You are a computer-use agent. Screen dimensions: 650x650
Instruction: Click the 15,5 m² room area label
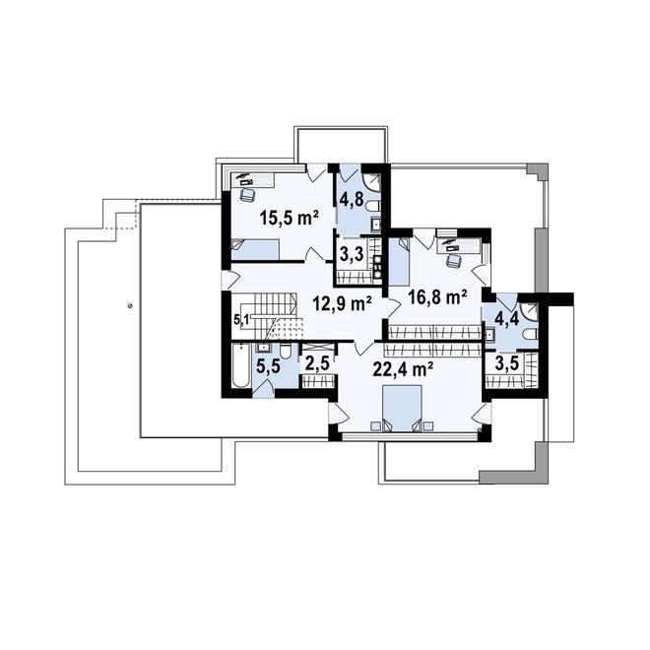tap(289, 218)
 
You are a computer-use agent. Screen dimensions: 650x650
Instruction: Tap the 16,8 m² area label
tap(437, 296)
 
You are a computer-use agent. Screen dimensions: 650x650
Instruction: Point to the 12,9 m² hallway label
tap(342, 304)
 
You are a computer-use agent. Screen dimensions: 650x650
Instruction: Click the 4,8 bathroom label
tap(352, 199)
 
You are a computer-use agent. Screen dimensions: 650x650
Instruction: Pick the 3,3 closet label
tap(352, 254)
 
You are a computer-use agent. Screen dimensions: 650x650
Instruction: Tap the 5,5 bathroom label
tap(268, 367)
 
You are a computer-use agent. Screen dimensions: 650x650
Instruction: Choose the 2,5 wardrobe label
tap(317, 363)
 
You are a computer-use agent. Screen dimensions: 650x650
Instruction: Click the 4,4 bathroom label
tap(507, 320)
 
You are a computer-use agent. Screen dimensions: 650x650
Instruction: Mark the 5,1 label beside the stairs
tap(241, 319)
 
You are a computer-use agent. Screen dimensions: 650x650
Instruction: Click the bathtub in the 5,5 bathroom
tap(240, 365)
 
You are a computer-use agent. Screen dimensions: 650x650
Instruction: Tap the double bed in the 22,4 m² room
tap(402, 409)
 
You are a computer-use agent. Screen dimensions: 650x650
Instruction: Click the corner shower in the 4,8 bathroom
tap(371, 182)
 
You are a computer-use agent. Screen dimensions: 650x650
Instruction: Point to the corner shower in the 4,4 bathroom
tap(530, 311)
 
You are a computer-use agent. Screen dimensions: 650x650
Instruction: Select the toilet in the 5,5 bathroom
tap(286, 352)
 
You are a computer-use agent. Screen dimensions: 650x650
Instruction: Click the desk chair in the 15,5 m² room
tap(247, 195)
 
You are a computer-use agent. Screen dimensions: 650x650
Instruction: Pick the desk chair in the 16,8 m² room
tap(453, 260)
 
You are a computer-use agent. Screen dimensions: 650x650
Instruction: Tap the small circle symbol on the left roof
tap(131, 306)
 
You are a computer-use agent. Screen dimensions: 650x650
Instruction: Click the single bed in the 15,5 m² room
tap(255, 249)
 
